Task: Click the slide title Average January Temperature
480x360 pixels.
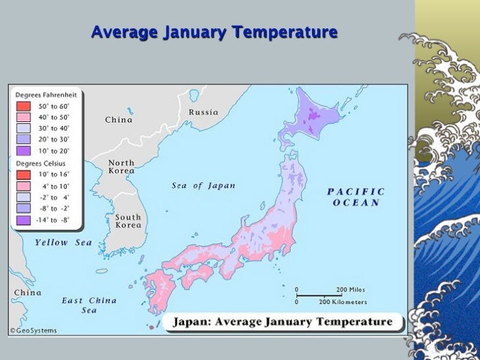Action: (214, 32)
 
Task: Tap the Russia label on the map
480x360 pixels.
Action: (204, 112)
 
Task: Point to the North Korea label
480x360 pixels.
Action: (121, 167)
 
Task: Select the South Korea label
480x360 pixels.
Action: (128, 221)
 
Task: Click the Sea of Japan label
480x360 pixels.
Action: (203, 186)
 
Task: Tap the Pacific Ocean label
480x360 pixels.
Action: (356, 197)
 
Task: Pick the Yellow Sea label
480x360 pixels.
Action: (64, 243)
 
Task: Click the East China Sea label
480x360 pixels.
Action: (89, 305)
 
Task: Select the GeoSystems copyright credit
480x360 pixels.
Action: (33, 330)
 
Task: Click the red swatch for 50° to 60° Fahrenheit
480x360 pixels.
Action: (22, 106)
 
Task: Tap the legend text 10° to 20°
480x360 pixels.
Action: (54, 150)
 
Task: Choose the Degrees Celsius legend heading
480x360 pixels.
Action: (40, 163)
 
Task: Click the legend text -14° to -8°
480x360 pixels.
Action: (54, 219)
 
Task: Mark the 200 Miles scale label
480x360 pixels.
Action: (350, 289)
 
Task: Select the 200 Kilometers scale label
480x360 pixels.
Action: (343, 302)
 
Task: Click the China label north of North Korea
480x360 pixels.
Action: (119, 120)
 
